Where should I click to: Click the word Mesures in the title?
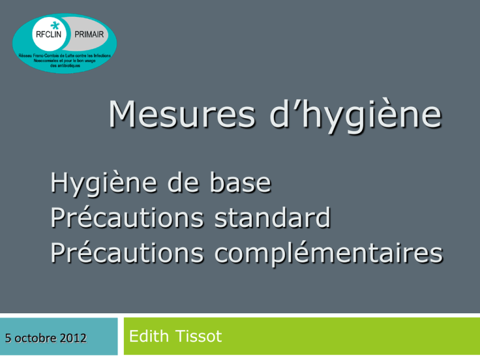(x=182, y=114)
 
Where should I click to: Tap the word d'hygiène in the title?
(x=356, y=116)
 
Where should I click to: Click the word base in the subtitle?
(x=241, y=182)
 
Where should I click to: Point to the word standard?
(x=272, y=217)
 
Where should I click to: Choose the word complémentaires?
(x=329, y=253)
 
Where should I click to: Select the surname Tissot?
(x=199, y=336)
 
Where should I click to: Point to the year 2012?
(x=73, y=338)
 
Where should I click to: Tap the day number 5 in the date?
(x=8, y=338)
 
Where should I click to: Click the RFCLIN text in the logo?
(x=49, y=34)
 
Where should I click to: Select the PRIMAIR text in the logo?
(x=89, y=34)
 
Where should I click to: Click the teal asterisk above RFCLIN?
(x=55, y=26)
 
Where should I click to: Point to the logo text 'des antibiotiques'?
(x=65, y=66)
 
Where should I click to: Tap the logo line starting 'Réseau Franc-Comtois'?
(x=64, y=56)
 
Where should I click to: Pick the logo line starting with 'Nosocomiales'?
(x=64, y=61)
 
